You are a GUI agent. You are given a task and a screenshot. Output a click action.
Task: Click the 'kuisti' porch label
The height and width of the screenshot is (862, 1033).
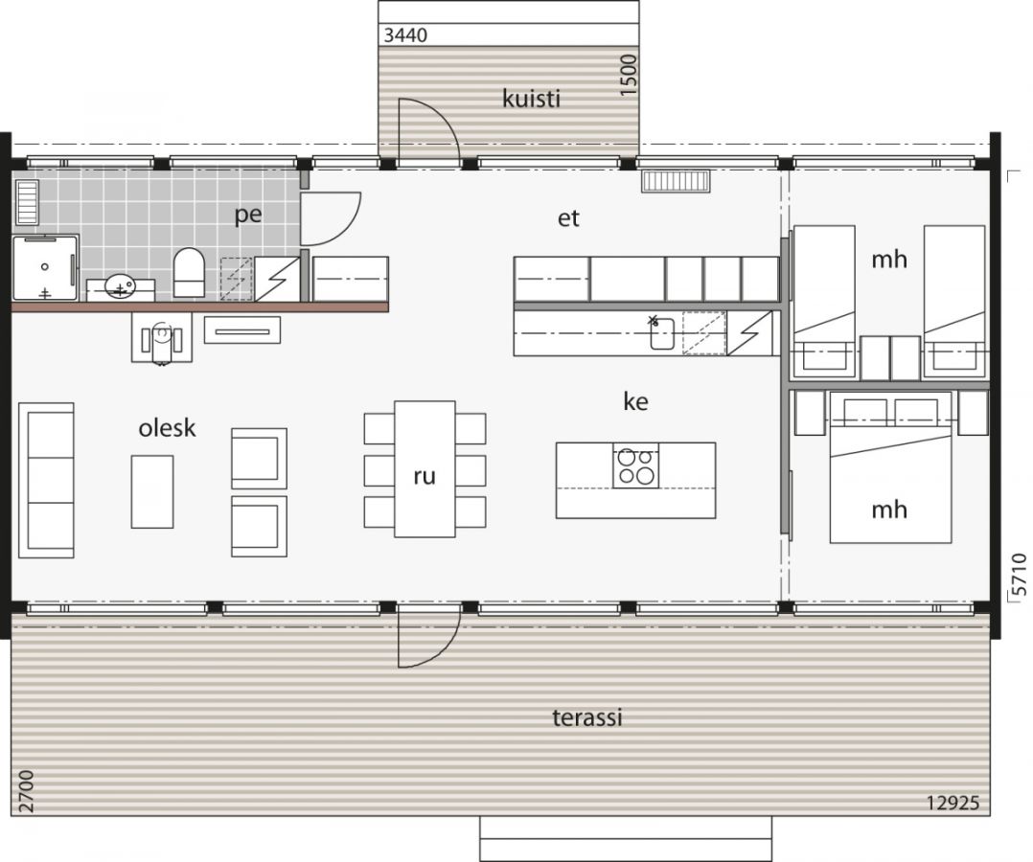pos(531,99)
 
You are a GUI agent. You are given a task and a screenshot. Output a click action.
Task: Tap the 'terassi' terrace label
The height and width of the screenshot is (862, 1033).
pos(587,717)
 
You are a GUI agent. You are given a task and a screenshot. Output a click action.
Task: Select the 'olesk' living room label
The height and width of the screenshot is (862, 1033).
pos(167,428)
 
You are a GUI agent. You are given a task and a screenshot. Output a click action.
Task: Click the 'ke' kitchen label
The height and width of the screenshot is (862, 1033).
pos(635,401)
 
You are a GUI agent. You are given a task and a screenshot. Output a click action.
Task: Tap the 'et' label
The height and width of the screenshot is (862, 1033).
pos(568,218)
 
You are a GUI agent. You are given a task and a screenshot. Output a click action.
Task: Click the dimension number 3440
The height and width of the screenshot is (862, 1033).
pos(405,34)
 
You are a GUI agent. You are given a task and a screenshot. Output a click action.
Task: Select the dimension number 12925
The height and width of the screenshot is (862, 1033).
pos(953,804)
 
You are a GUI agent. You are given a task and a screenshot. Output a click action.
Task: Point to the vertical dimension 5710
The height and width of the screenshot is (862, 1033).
pos(1019,575)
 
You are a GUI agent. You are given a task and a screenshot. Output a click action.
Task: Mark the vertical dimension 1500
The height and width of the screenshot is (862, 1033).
pos(630,75)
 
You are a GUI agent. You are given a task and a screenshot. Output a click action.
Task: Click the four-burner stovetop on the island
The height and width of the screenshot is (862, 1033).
pos(635,465)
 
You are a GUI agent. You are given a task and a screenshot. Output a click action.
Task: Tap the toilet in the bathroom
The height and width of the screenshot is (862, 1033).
pos(189,272)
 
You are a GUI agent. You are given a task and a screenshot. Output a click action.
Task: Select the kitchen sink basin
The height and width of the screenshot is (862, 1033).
pos(662,333)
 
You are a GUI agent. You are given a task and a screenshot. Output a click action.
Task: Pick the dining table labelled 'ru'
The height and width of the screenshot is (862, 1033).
pos(425,469)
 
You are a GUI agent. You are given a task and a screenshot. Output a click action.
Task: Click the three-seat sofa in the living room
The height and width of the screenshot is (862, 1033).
pos(46,481)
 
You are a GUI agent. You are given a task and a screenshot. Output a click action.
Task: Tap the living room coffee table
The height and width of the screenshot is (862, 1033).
pos(152,491)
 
